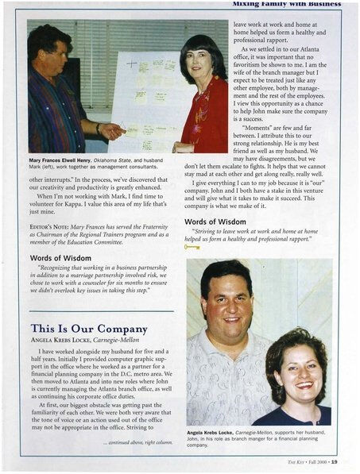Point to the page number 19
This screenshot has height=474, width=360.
pos(335,461)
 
